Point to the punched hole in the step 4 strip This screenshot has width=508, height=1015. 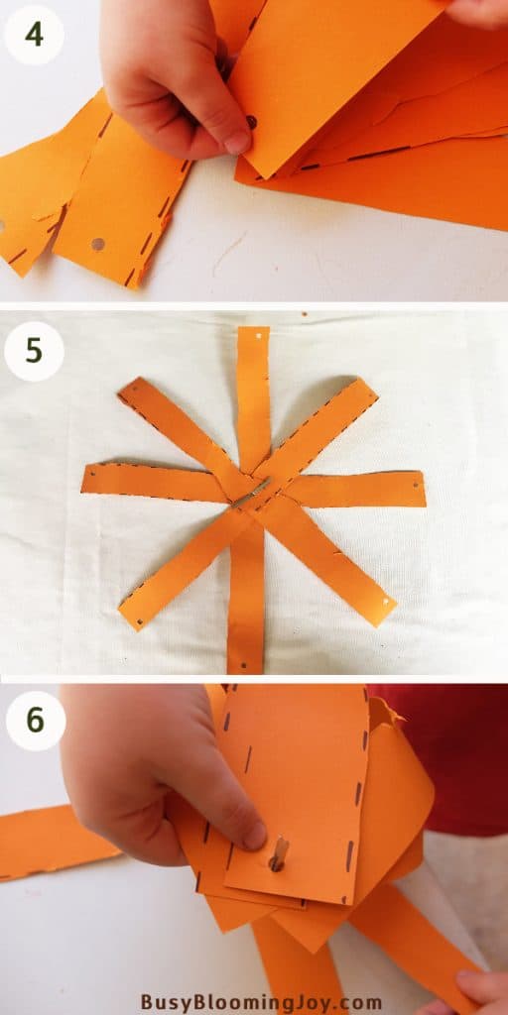pos(97,243)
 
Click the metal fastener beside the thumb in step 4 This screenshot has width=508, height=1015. pos(251,122)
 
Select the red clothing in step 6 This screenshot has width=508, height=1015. pos(456,753)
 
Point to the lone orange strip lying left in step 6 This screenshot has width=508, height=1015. pos(50,843)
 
